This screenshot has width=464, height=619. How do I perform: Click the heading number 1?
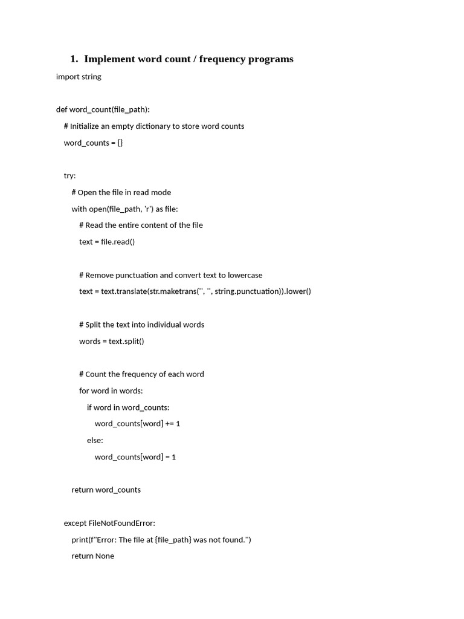pyautogui.click(x=74, y=59)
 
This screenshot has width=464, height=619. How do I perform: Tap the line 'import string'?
pyautogui.click(x=79, y=77)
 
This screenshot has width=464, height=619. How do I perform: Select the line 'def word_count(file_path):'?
pyautogui.click(x=103, y=109)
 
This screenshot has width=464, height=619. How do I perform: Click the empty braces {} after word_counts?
pyautogui.click(x=120, y=143)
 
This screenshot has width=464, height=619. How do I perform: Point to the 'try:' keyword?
pyautogui.click(x=70, y=176)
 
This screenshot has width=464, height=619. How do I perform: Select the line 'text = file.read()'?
pyautogui.click(x=107, y=242)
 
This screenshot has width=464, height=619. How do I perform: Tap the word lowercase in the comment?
pyautogui.click(x=245, y=275)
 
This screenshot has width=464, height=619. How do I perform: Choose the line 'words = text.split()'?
pyautogui.click(x=112, y=341)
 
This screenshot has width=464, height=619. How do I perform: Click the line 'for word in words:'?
pyautogui.click(x=111, y=391)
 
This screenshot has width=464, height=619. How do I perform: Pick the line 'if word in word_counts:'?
pyautogui.click(x=128, y=407)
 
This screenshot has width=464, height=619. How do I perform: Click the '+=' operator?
pyautogui.click(x=170, y=424)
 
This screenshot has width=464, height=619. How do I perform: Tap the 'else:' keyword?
pyautogui.click(x=95, y=440)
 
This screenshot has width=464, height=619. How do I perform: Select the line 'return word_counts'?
pyautogui.click(x=106, y=490)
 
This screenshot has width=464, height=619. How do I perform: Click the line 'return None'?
pyautogui.click(x=93, y=556)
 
